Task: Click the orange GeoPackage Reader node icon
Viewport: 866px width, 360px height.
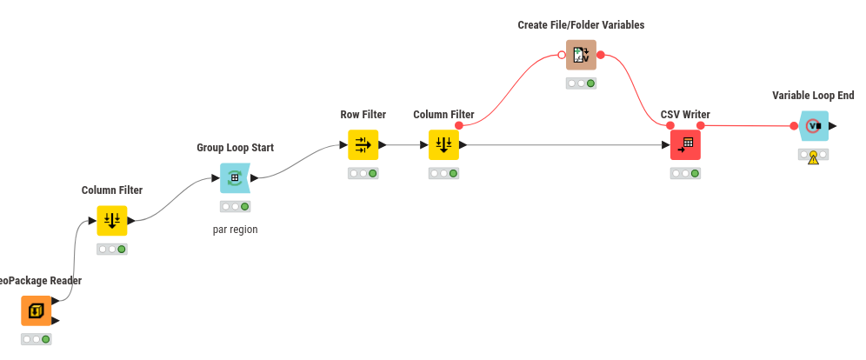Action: [x=37, y=310]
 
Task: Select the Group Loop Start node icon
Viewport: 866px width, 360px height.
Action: [x=235, y=178]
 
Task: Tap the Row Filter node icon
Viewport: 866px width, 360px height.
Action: [x=363, y=145]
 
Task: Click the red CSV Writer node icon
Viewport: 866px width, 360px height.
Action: [x=685, y=145]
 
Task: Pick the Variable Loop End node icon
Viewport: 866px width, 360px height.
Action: [x=813, y=126]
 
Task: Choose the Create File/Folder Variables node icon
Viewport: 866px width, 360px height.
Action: [x=581, y=55]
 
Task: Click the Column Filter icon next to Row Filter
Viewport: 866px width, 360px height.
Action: [x=443, y=145]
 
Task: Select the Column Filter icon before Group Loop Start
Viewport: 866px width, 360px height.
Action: [x=112, y=221]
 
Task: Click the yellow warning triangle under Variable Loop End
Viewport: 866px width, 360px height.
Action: [x=813, y=159]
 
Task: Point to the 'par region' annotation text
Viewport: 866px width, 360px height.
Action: [x=235, y=230]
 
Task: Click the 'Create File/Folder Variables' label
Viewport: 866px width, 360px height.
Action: [x=581, y=25]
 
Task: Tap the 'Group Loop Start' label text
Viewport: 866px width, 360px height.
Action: [x=235, y=148]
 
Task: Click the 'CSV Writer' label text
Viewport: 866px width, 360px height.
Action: [x=685, y=115]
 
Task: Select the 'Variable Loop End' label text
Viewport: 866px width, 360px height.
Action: [x=813, y=96]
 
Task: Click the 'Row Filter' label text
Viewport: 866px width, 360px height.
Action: [x=363, y=115]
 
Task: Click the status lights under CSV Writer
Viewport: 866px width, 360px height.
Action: [x=685, y=173]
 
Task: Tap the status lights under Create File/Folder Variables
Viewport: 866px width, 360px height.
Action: [x=581, y=83]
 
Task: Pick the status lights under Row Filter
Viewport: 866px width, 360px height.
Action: [x=363, y=173]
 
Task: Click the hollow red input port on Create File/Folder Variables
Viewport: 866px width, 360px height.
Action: [x=562, y=55]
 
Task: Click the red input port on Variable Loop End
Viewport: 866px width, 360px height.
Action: [x=794, y=126]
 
